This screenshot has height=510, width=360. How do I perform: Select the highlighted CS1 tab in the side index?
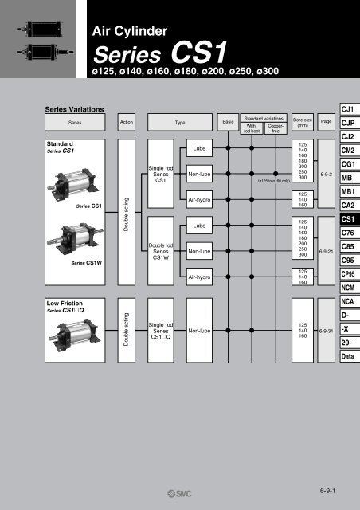(x=347, y=218)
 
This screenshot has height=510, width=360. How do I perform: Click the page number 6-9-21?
(x=326, y=250)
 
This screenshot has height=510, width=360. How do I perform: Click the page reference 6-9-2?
(x=326, y=171)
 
